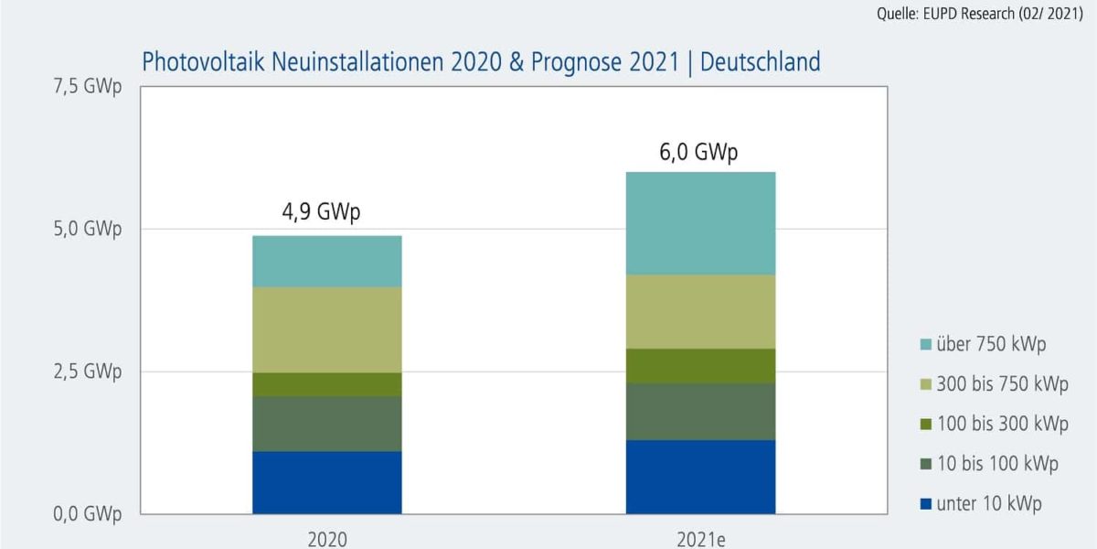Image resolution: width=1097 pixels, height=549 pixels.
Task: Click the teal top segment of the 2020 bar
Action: click(x=327, y=262)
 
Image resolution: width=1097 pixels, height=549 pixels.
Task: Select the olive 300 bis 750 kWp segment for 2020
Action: click(x=327, y=330)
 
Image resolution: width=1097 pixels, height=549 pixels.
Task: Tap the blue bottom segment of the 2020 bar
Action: click(x=327, y=482)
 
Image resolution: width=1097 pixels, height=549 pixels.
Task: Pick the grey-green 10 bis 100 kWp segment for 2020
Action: click(x=327, y=424)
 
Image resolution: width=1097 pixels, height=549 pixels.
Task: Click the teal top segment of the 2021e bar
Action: click(x=700, y=223)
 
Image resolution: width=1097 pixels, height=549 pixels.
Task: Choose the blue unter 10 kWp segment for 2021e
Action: click(x=700, y=477)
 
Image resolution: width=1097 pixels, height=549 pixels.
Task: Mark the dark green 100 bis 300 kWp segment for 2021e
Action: click(x=700, y=366)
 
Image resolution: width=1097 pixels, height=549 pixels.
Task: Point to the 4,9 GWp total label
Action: click(x=321, y=213)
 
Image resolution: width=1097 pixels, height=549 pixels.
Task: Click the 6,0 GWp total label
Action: click(x=698, y=152)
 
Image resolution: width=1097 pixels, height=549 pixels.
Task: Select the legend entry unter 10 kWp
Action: click(x=989, y=503)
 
